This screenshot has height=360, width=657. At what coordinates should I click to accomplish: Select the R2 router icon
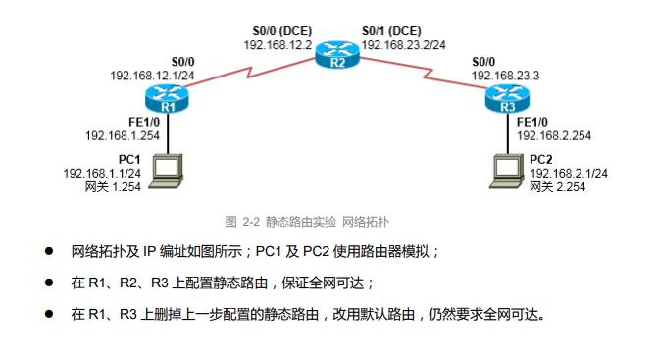pyautogui.click(x=337, y=57)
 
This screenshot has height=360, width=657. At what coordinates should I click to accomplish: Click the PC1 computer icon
pyautogui.click(x=168, y=169)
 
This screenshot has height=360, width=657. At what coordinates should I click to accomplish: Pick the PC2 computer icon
pyautogui.click(x=509, y=169)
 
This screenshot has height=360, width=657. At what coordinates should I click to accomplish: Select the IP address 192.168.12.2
pyautogui.click(x=278, y=44)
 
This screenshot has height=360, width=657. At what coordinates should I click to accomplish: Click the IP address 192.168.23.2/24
pyautogui.click(x=402, y=44)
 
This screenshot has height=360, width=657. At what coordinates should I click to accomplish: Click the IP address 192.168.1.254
pyautogui.click(x=122, y=135)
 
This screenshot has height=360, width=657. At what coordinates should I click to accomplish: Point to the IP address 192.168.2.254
pyautogui.click(x=552, y=135)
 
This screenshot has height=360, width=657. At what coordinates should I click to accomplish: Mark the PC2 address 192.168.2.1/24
pyautogui.click(x=570, y=173)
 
